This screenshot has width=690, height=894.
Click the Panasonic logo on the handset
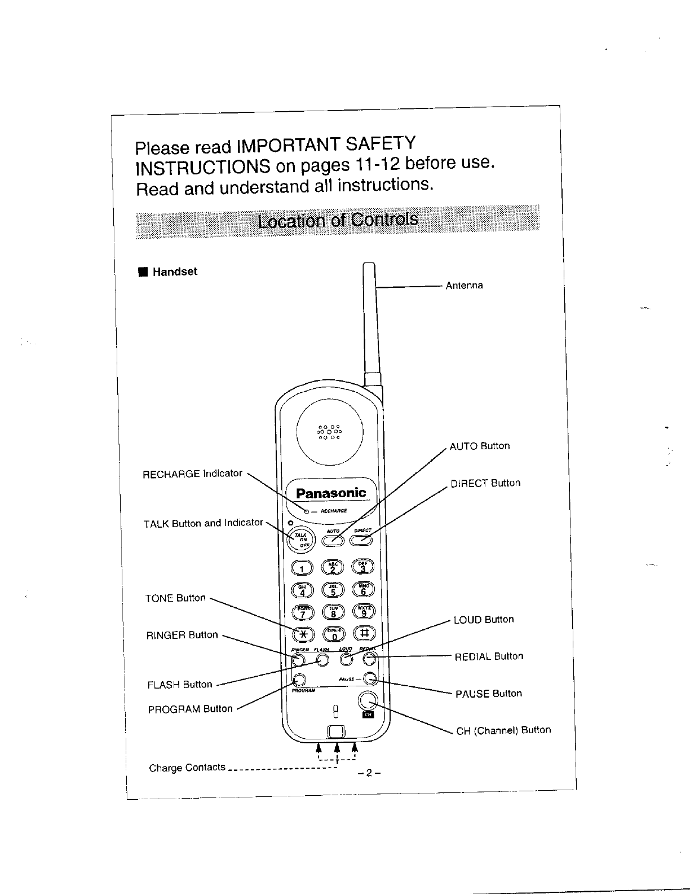[331, 493]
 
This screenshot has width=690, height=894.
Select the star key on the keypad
[303, 633]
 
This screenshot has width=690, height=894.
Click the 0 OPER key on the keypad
[333, 634]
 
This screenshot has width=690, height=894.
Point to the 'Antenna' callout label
[464, 286]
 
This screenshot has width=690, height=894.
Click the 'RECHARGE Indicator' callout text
[192, 474]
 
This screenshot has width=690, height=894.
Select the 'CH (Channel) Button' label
[503, 730]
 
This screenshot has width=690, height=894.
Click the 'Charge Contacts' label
[187, 768]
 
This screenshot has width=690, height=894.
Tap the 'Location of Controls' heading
[337, 220]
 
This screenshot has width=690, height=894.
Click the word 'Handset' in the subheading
[175, 271]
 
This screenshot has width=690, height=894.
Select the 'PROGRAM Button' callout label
[190, 709]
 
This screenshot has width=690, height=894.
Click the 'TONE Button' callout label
[175, 598]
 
